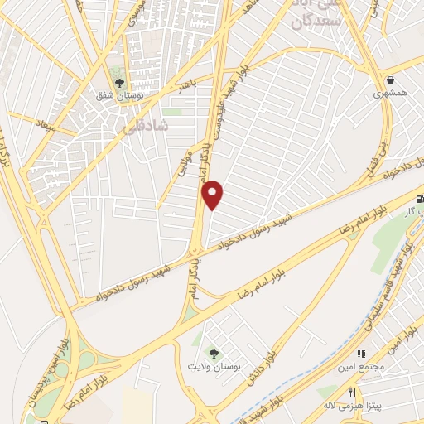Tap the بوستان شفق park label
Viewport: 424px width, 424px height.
(x=118, y=96)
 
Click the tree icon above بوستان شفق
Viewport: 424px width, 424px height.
(x=119, y=83)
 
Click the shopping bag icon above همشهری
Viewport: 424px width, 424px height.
(x=390, y=81)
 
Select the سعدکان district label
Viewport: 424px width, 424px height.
(x=312, y=21)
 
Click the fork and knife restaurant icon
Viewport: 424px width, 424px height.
(x=352, y=393)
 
